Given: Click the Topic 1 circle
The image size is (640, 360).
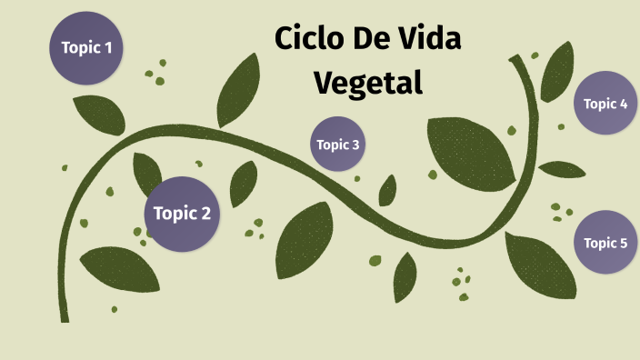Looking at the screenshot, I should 86,48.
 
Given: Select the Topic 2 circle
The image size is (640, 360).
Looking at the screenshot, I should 182,215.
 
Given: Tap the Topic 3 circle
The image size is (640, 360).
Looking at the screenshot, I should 338,145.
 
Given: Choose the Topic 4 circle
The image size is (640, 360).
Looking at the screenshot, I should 605,104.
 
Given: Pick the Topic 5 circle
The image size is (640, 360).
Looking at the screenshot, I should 605,243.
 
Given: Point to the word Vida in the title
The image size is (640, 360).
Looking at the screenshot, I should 428,41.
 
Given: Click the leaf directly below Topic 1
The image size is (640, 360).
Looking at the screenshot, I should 98,114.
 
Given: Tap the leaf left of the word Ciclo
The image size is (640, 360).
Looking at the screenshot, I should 240,82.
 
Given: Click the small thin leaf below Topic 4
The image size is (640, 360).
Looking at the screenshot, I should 561,169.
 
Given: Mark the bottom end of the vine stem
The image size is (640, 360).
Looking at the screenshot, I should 65,318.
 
